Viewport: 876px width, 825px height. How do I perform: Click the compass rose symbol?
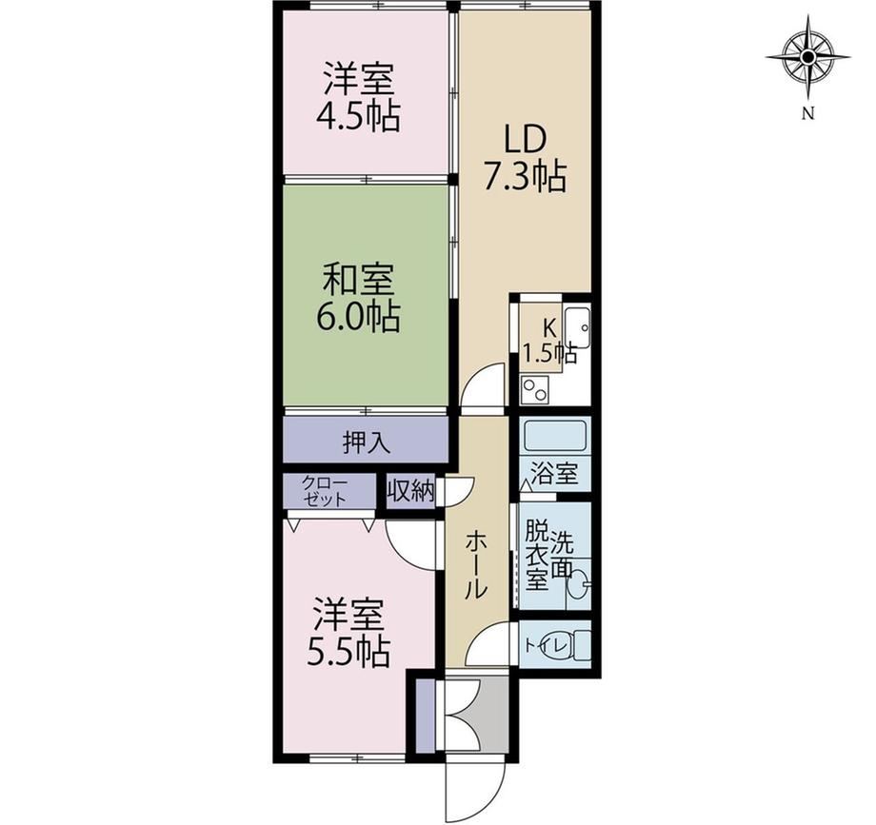pos(807,57)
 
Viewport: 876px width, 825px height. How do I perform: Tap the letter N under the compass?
pos(807,114)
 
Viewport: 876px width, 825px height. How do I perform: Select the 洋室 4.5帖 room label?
pos(358,98)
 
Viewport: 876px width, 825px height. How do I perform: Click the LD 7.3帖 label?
pos(525,158)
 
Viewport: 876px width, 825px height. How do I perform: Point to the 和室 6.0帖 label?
pos(358,298)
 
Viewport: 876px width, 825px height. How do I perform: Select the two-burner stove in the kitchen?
pos(535,389)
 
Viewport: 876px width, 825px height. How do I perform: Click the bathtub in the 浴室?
pos(555,437)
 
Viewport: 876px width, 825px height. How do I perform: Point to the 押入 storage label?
pos(366,443)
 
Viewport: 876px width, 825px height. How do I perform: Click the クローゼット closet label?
pos(324,491)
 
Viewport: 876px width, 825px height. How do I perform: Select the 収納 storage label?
pos(411,491)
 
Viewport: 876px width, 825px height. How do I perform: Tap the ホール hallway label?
pos(477,565)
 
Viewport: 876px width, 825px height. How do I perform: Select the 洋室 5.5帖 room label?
pos(348,633)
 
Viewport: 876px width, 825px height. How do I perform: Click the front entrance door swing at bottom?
pos(475,788)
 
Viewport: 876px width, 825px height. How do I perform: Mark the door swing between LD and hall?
pos(484,388)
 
